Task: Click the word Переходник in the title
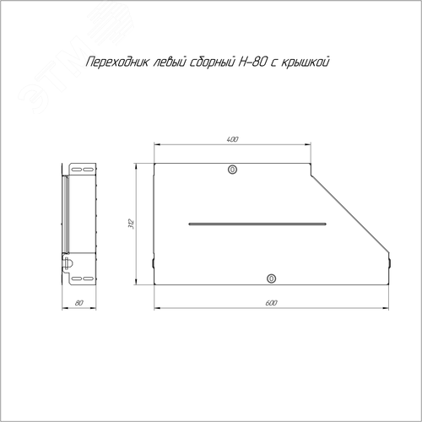[x=117, y=62]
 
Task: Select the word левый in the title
[x=170, y=62]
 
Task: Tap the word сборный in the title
[x=212, y=62]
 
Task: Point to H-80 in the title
[x=252, y=62]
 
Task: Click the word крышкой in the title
[x=305, y=62]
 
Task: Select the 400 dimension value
[x=232, y=139]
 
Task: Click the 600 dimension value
[x=271, y=303]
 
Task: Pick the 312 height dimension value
[x=132, y=224]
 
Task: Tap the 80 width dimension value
[x=79, y=303]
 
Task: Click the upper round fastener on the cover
[x=232, y=170]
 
